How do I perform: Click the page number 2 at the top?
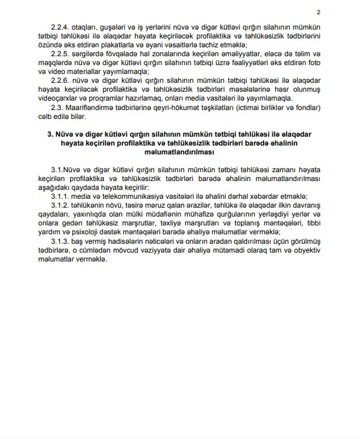[x=319, y=12]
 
